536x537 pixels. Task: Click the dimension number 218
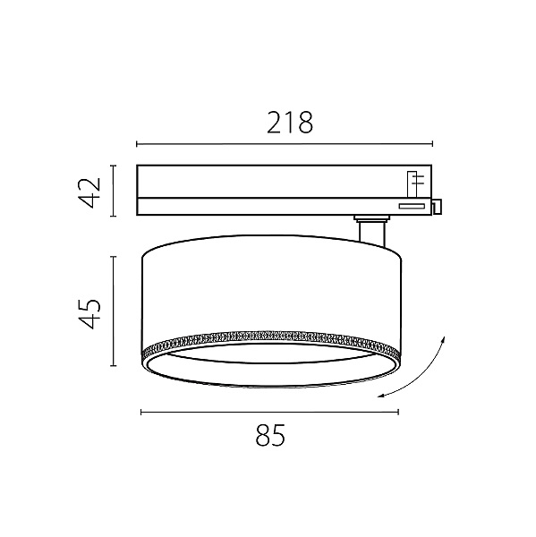click(x=289, y=123)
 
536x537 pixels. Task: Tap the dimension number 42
click(x=89, y=192)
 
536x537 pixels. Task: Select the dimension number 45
click(x=89, y=314)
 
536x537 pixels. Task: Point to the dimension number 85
click(x=270, y=435)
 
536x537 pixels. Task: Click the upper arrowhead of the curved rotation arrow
click(x=443, y=339)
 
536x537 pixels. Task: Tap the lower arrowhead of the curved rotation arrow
click(x=381, y=396)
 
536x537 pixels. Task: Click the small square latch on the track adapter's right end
click(x=437, y=207)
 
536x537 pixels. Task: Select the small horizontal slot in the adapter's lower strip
click(x=412, y=206)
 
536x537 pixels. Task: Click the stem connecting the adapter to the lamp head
click(x=372, y=234)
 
